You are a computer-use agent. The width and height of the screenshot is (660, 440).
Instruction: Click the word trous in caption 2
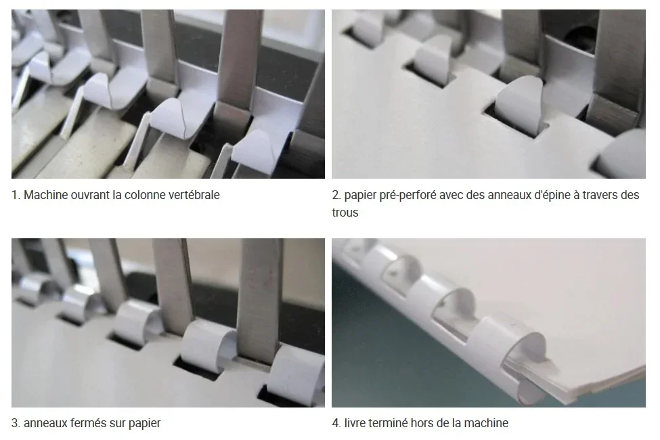[x=345, y=213]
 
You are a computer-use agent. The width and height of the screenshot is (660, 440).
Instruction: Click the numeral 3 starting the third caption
[x=15, y=422]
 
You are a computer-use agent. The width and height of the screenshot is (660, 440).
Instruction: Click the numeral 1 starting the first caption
[x=15, y=195]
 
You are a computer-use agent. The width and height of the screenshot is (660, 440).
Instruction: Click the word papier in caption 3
[x=144, y=423]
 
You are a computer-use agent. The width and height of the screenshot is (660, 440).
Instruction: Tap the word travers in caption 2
[x=600, y=195]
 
